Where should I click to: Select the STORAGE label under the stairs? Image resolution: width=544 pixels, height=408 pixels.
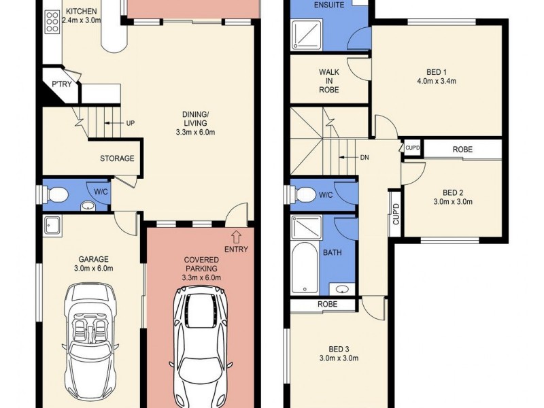point(117,158)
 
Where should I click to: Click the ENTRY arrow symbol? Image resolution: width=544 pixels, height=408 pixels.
point(237,236)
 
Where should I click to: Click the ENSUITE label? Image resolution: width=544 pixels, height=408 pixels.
point(328,5)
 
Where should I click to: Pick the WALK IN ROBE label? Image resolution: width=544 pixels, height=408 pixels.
point(328,80)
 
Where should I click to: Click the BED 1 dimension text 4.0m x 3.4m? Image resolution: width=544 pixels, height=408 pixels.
point(436,81)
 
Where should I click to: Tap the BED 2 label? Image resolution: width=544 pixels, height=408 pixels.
point(452,192)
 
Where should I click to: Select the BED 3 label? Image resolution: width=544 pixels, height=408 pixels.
point(339,349)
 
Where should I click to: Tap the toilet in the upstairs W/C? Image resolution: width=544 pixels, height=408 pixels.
point(304,195)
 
